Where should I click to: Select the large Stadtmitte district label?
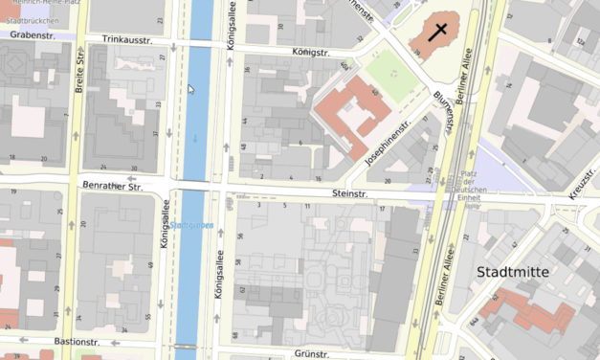(513, 272)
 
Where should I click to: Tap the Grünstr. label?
(311, 353)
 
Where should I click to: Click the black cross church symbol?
(436, 31)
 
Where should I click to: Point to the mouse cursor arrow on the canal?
(190, 88)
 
